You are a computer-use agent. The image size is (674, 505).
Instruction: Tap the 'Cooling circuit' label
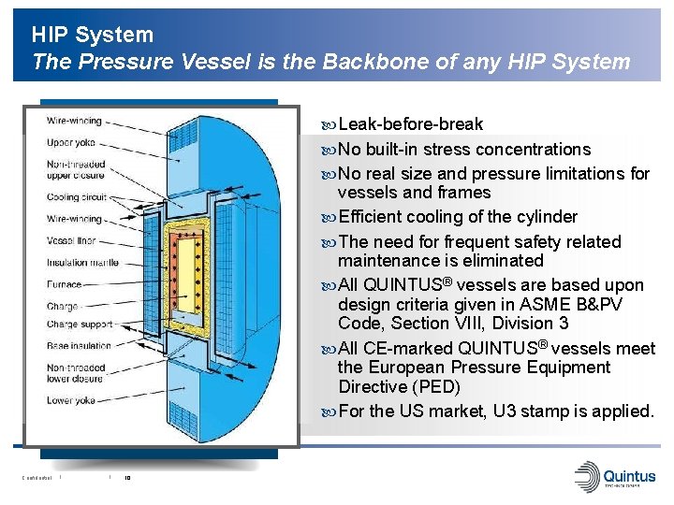coord(76,197)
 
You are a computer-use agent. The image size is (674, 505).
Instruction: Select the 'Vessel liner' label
coord(71,240)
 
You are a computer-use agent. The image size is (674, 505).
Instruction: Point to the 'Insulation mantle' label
coord(82,262)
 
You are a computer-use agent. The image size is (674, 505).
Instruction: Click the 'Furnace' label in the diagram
coord(65,283)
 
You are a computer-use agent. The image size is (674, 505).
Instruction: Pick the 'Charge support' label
coord(79,325)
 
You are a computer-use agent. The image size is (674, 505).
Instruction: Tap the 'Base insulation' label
coord(79,345)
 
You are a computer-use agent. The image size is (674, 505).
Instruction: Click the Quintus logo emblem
coord(587,475)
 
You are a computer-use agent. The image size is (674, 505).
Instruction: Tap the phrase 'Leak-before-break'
coord(411,124)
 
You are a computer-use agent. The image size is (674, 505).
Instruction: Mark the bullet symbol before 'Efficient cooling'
coord(328,217)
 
